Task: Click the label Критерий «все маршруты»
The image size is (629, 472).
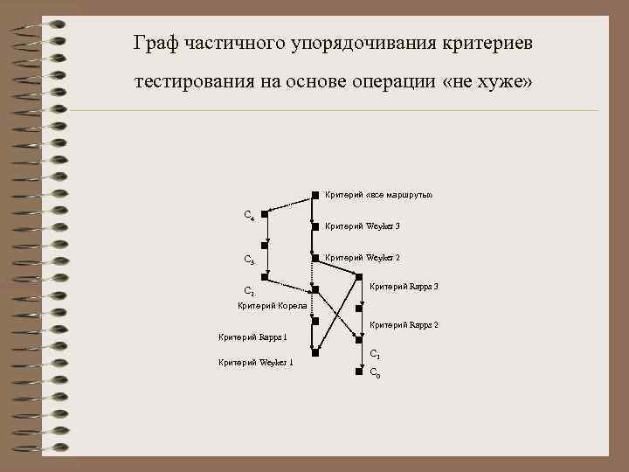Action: [x=378, y=194]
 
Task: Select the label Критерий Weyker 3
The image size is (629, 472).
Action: [x=362, y=226]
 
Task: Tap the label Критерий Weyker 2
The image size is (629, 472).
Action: [x=362, y=258]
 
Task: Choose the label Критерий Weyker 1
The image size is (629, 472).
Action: [x=255, y=363]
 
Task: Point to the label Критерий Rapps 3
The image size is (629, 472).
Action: [x=404, y=287]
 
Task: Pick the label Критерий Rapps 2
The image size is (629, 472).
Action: [x=404, y=325]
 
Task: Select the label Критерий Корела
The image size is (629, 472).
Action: [x=272, y=305]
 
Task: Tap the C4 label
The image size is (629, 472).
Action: [x=249, y=214]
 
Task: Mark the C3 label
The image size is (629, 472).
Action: [x=249, y=260]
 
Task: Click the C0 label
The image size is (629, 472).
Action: [x=374, y=372]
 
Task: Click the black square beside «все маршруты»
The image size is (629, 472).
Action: [x=315, y=195]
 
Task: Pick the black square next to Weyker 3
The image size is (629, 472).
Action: [x=315, y=226]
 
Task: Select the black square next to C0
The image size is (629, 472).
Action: [x=358, y=371]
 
